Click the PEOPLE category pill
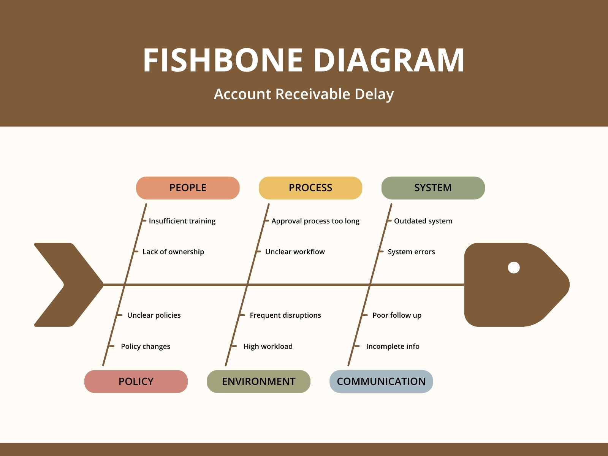[x=188, y=188]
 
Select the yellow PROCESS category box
[x=310, y=188]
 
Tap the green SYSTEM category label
[x=433, y=188]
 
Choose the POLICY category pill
[x=136, y=381]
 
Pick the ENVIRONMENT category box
[x=259, y=381]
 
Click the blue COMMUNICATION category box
[x=381, y=381]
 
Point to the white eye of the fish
[x=514, y=268]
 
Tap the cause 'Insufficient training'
[x=182, y=221]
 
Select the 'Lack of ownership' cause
[x=173, y=252]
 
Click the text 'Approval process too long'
[x=315, y=221]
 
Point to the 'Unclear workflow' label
[x=295, y=252]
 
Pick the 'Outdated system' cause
[x=423, y=221]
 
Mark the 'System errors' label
[x=411, y=252]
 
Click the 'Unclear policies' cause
[x=154, y=315]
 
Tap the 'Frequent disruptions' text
[x=285, y=315]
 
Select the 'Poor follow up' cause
[x=397, y=315]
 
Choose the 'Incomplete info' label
[x=393, y=346]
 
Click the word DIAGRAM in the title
[x=389, y=60]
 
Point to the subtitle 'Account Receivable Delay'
[x=304, y=94]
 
